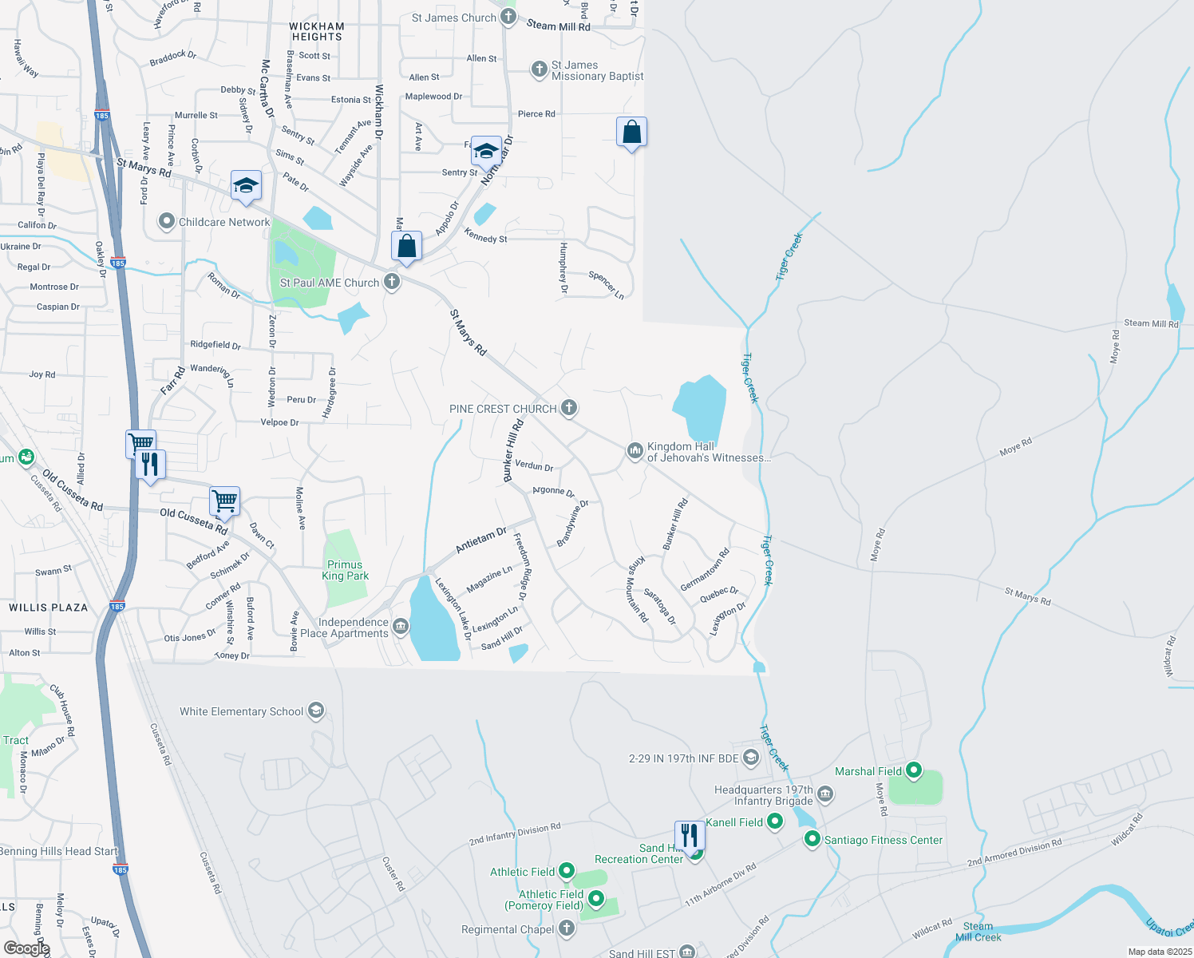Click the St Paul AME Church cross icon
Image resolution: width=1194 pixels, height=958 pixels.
[392, 282]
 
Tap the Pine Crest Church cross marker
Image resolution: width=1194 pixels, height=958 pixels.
[568, 408]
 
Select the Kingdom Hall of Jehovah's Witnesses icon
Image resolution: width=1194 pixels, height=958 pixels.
[635, 452]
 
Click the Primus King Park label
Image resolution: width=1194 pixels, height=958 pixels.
[345, 570]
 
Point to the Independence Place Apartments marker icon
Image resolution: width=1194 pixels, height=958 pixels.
[401, 627]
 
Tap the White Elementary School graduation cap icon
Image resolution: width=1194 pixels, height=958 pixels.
[316, 711]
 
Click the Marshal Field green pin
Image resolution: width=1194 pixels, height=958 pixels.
[914, 771]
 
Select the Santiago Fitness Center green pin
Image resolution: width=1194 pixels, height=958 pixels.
[812, 839]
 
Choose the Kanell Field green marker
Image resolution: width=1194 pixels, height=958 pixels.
[775, 821]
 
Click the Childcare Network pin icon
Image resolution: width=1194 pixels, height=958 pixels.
[166, 221]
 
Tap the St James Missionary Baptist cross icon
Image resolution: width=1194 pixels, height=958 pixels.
[539, 69]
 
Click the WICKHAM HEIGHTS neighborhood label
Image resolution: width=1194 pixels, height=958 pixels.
[317, 31]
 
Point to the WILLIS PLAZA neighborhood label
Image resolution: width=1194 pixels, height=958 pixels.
[49, 608]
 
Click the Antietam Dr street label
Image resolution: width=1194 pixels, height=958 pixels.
[480, 540]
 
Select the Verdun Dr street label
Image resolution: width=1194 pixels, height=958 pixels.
[534, 465]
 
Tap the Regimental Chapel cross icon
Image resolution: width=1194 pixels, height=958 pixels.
[566, 928]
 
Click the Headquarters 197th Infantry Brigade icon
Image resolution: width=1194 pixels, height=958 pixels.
[825, 794]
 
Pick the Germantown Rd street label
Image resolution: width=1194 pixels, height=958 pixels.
[705, 570]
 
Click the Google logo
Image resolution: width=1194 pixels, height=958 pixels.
[26, 948]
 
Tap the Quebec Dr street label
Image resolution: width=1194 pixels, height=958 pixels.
[719, 595]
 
